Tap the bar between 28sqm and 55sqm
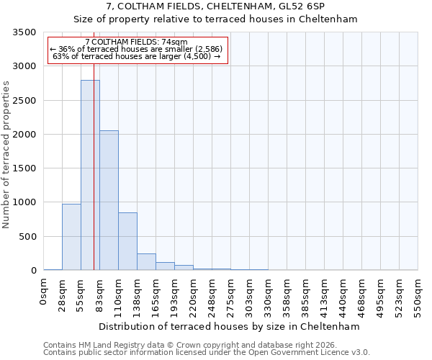[x=71, y=237]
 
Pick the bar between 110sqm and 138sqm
[x=127, y=241]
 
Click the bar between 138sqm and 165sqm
[x=146, y=262]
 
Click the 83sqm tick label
[x=100, y=293]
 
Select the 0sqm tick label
[x=44, y=292]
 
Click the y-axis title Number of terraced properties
[x=6, y=155]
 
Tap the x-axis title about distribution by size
[x=229, y=326]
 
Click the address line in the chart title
[x=215, y=6]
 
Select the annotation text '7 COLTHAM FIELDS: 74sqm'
[x=136, y=42]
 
